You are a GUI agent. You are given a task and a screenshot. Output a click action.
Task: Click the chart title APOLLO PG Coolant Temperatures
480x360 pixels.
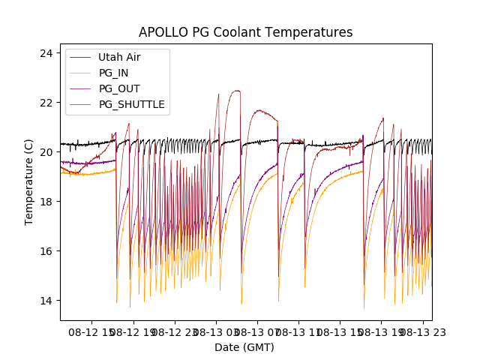coord(245,32)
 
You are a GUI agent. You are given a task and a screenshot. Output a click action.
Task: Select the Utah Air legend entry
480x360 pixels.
coord(119,57)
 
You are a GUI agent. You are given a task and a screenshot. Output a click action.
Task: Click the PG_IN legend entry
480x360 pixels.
coord(114,73)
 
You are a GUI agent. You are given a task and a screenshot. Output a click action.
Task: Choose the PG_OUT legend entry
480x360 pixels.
coord(119,88)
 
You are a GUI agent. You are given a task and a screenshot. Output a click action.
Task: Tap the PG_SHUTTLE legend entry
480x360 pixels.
coord(131,104)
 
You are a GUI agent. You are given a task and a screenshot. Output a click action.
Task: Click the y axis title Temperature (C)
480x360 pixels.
coord(29,182)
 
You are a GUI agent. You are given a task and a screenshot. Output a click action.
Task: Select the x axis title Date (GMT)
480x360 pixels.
coord(244,347)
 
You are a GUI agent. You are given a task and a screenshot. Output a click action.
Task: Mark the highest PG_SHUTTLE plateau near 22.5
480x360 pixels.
coord(235,91)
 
